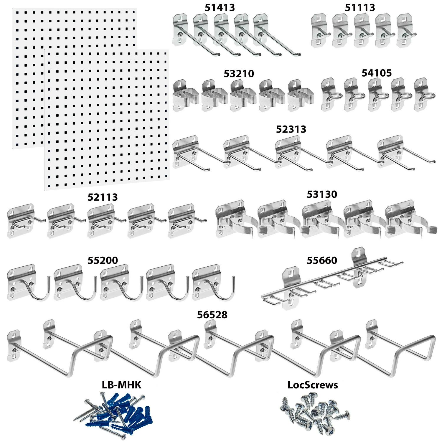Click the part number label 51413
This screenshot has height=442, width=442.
(x=220, y=8)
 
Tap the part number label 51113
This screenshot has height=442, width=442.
(x=360, y=8)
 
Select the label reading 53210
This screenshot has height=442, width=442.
(x=239, y=74)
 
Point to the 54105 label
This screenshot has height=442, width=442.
(x=377, y=73)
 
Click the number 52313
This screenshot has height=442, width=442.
(x=291, y=129)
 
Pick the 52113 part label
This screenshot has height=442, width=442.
(x=103, y=197)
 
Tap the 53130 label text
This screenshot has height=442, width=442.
(x=322, y=194)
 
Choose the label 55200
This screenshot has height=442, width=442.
(x=103, y=260)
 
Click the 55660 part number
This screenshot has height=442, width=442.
(x=322, y=260)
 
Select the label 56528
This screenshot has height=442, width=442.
(x=212, y=315)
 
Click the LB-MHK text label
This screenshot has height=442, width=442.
(x=121, y=385)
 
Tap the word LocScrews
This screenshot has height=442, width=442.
(x=313, y=385)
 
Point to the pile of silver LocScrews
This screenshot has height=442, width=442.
(x=315, y=413)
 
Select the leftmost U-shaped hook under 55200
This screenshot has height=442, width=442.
(x=28, y=283)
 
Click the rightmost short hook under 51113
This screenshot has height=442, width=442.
(x=406, y=31)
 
